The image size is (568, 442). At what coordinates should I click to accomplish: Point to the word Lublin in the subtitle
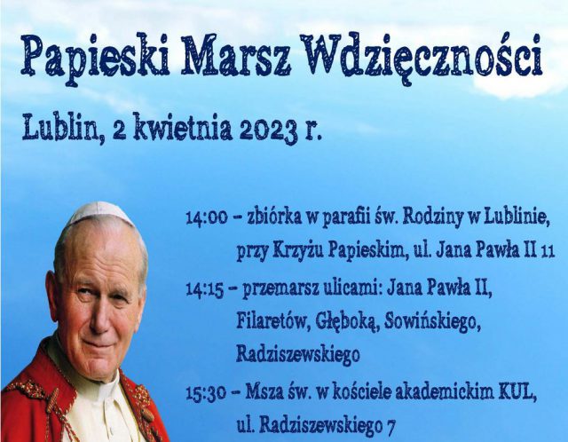[60, 127]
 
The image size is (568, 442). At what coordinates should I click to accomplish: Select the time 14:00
[207, 218]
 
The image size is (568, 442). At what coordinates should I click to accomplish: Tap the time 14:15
[205, 290]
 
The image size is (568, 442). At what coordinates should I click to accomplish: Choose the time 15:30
[206, 393]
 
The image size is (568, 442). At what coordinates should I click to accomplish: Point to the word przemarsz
[280, 290]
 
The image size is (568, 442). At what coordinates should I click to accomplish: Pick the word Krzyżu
[298, 251]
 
